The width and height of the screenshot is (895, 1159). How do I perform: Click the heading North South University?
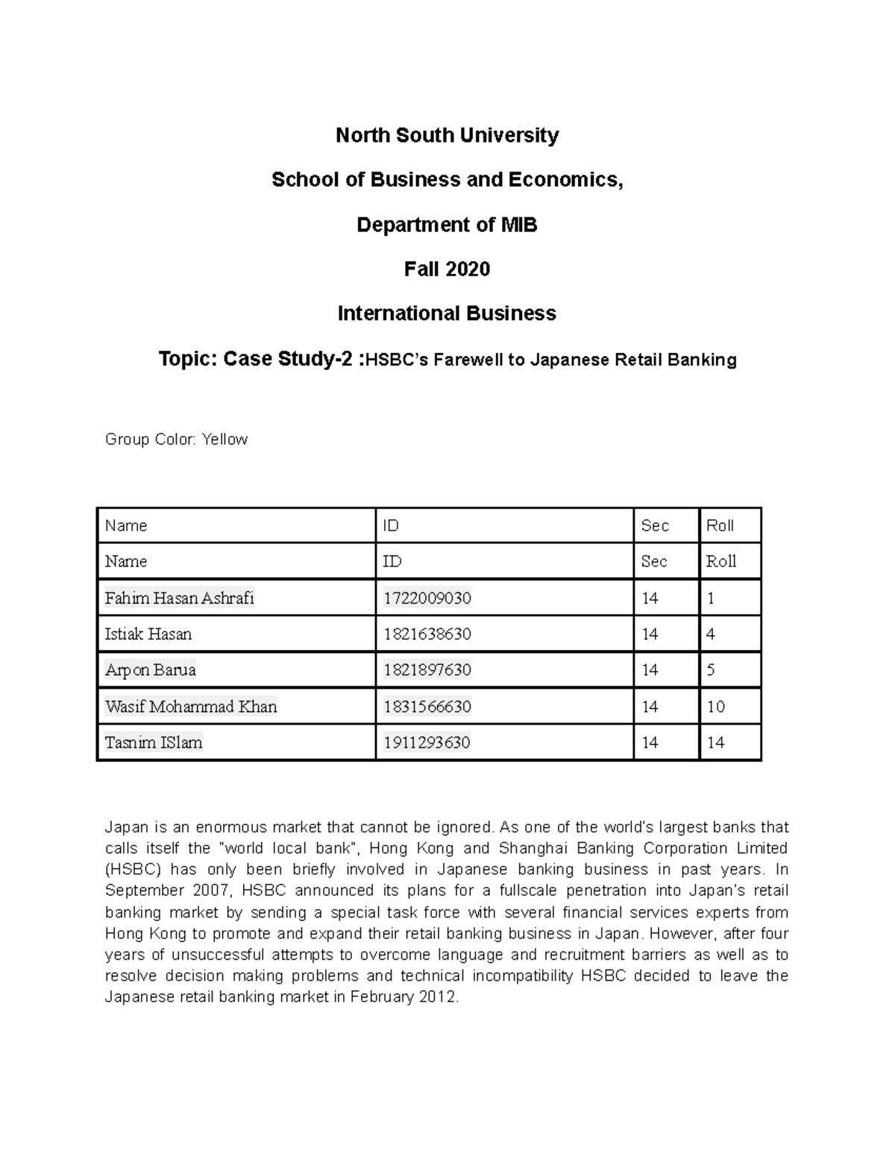click(447, 135)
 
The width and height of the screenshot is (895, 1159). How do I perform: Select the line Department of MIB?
click(447, 225)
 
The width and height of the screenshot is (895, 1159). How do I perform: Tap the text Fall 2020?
click(447, 269)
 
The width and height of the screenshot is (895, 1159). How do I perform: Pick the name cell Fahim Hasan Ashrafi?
click(180, 598)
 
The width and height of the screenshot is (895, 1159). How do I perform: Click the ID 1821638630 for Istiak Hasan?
click(427, 634)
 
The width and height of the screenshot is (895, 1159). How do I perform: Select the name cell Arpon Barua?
click(151, 670)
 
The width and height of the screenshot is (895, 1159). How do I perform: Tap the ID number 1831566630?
click(427, 707)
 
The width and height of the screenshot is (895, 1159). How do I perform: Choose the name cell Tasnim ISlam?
click(154, 743)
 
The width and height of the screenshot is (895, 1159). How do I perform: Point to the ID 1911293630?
click(427, 743)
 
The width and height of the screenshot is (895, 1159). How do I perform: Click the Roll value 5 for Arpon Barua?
click(711, 670)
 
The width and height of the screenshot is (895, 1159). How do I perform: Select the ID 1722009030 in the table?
click(427, 598)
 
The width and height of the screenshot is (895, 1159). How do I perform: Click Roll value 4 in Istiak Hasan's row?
click(711, 634)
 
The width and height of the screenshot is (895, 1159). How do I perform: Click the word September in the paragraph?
click(144, 890)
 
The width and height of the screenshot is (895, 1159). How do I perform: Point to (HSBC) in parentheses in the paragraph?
click(131, 869)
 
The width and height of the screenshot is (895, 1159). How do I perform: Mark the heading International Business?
click(447, 313)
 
